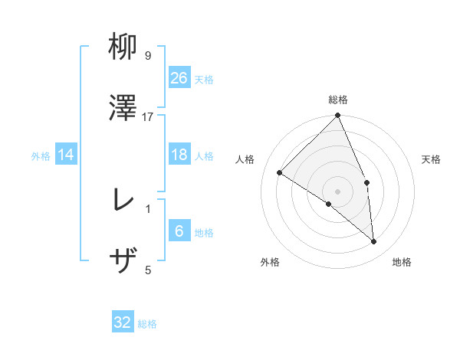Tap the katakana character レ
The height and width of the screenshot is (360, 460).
click(x=123, y=201)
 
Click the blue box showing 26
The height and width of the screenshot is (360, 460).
click(x=179, y=77)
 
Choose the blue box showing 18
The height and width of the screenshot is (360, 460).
click(x=179, y=155)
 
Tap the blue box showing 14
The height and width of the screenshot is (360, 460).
click(x=66, y=155)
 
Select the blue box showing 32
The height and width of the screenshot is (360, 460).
click(x=123, y=322)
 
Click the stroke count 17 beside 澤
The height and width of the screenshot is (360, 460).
click(x=148, y=116)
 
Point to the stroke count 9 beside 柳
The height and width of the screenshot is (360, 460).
click(x=148, y=56)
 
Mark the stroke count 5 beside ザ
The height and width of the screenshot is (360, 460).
click(x=148, y=269)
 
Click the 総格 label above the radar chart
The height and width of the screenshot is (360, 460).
click(x=338, y=100)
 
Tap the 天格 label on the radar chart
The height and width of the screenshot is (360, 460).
click(x=431, y=159)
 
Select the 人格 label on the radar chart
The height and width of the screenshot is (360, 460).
click(x=245, y=159)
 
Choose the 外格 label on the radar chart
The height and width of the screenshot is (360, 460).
click(x=270, y=262)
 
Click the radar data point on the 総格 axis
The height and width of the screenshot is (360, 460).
click(x=338, y=116)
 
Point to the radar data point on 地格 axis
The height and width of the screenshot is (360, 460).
click(x=374, y=242)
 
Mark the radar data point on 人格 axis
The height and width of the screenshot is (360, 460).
click(x=280, y=173)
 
